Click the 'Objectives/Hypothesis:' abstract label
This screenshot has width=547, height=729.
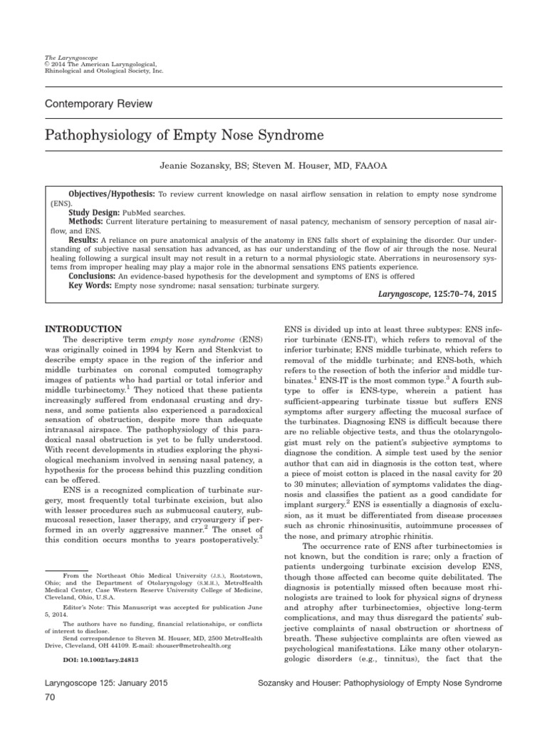(112, 194)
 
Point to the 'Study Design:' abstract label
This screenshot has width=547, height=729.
(95, 212)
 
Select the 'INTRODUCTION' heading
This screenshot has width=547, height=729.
(83, 330)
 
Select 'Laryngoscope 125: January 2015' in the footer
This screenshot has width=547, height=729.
(96, 683)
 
